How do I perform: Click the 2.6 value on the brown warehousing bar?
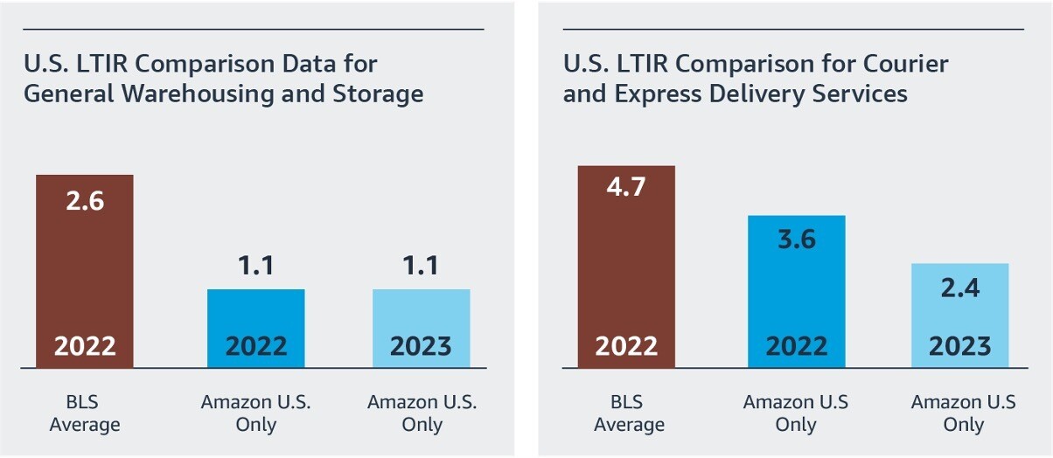(85, 201)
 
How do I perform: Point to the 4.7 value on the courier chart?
(626, 187)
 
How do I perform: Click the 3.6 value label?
(796, 239)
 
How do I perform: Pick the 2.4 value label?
(959, 288)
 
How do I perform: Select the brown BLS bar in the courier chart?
(626, 262)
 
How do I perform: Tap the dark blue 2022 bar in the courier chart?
(796, 288)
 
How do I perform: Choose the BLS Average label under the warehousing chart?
(85, 413)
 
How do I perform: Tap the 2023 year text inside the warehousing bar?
(421, 346)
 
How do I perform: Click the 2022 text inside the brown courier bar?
(626, 346)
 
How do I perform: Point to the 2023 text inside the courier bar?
(959, 346)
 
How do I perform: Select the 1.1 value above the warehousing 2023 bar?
(421, 265)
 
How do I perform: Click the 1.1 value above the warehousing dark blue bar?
(255, 265)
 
